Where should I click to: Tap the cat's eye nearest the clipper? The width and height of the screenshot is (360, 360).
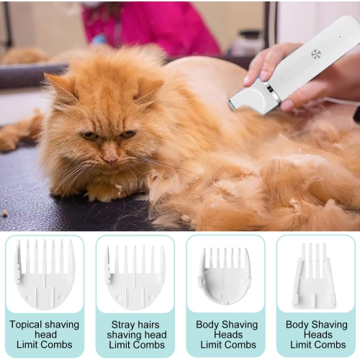point(127,134)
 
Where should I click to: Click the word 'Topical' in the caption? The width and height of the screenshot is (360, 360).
point(27,325)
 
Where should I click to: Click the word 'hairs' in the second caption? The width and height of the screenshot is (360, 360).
point(152,325)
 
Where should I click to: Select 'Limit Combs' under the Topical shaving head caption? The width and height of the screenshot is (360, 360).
point(45,345)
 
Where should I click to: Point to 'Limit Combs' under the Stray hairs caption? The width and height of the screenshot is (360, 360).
point(135,345)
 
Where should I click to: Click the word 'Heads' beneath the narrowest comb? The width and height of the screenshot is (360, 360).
point(315,335)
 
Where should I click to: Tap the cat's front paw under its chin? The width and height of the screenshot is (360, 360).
point(108,191)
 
